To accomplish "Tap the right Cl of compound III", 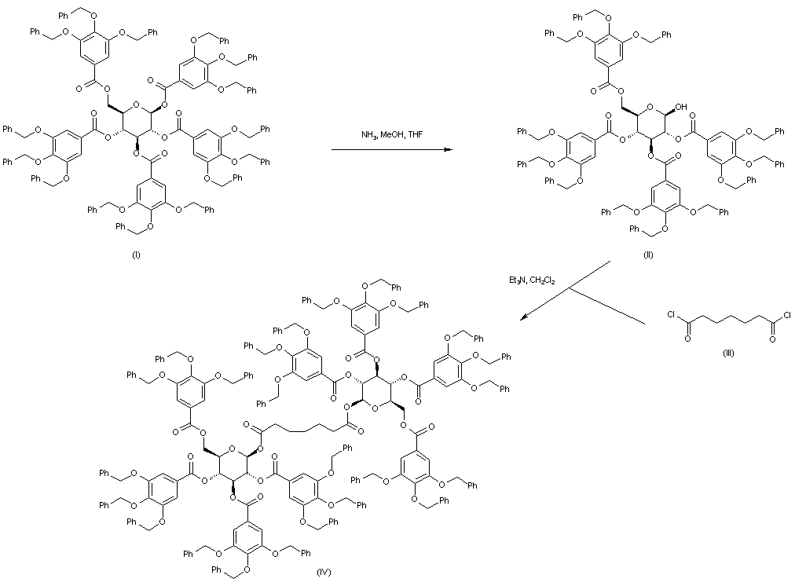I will click(785, 318).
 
